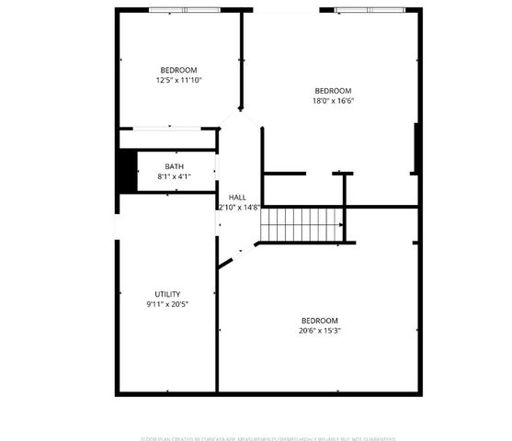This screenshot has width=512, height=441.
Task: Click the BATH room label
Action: pos(174,166)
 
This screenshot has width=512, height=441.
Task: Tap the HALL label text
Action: pos(237,198)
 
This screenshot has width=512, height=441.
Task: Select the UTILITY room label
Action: pos(167,294)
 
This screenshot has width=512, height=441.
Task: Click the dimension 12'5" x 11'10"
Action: pos(178,81)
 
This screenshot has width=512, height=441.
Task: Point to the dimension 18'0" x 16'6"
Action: pos(333,101)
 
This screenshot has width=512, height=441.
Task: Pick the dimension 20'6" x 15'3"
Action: pos(319,331)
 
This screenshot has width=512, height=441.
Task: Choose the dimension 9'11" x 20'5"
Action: pos(167,304)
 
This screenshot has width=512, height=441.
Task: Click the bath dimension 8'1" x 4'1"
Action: pos(174,176)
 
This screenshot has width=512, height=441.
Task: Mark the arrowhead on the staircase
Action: pos(342,223)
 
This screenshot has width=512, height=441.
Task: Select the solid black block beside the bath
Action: pos(126,171)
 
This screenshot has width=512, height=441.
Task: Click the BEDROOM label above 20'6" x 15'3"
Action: pos(319,321)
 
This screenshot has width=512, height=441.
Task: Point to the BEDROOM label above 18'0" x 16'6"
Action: pos(333,90)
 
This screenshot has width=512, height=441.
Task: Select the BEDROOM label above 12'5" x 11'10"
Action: pos(178,71)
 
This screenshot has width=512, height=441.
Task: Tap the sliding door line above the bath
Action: pos(168,129)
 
